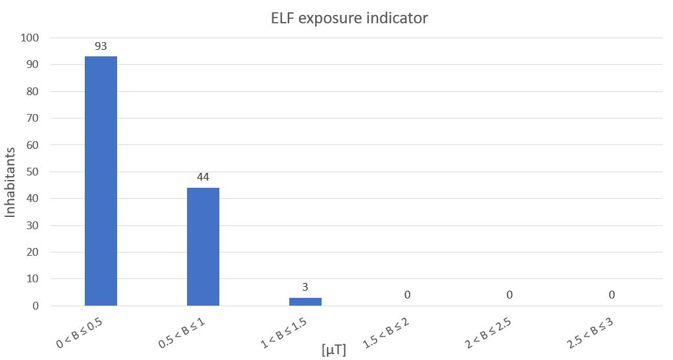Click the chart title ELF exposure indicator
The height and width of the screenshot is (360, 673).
(x=349, y=18)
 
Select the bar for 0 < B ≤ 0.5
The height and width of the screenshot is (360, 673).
(x=101, y=181)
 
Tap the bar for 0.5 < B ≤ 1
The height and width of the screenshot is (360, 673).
(x=203, y=247)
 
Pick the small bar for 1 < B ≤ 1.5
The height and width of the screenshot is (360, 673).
(x=305, y=302)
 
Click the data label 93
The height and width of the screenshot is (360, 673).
(x=101, y=46)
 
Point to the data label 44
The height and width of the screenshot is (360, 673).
(x=203, y=177)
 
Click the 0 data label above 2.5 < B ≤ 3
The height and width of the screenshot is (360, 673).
(x=612, y=295)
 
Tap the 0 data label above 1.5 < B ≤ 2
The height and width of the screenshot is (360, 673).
(x=408, y=295)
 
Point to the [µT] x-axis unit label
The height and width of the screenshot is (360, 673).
(x=334, y=350)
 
